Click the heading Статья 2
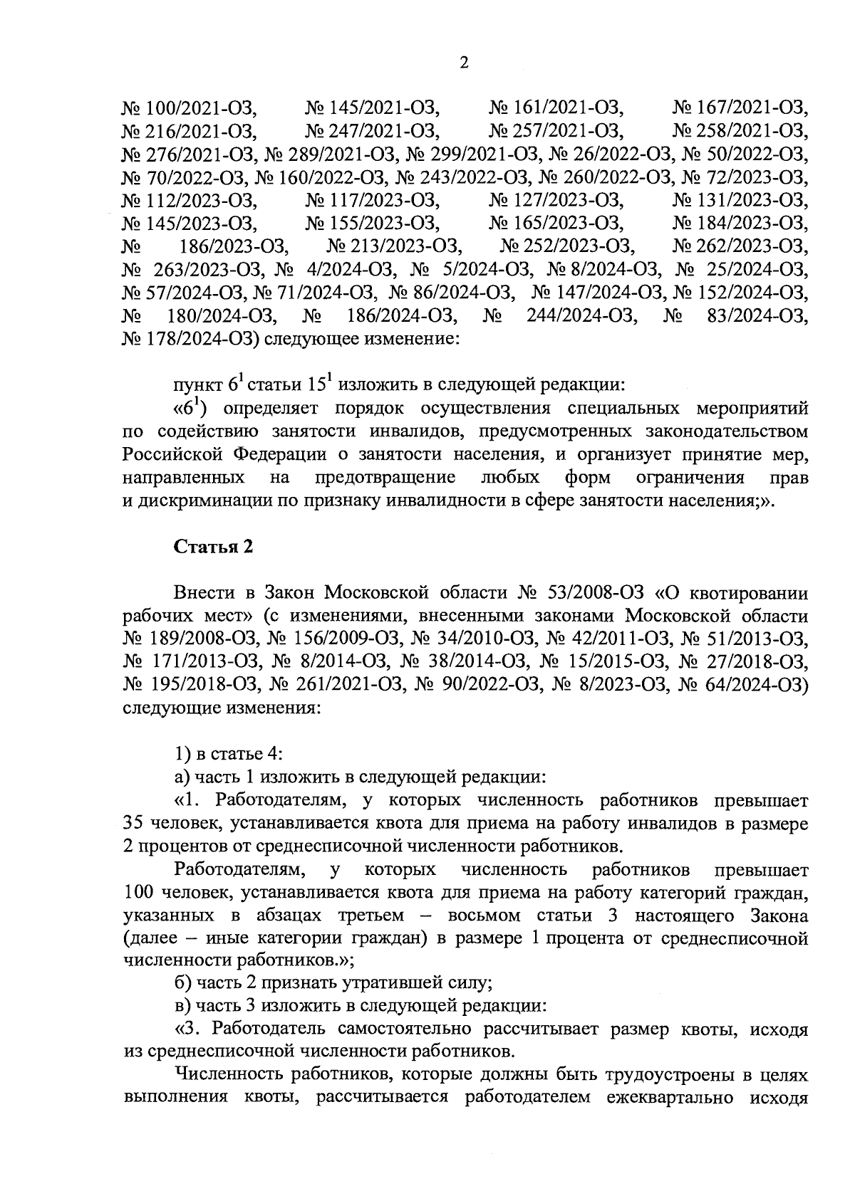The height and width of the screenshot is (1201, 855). tap(214, 547)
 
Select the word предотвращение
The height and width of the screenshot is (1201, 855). tap(385, 477)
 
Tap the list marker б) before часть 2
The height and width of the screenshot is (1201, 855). tap(182, 983)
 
